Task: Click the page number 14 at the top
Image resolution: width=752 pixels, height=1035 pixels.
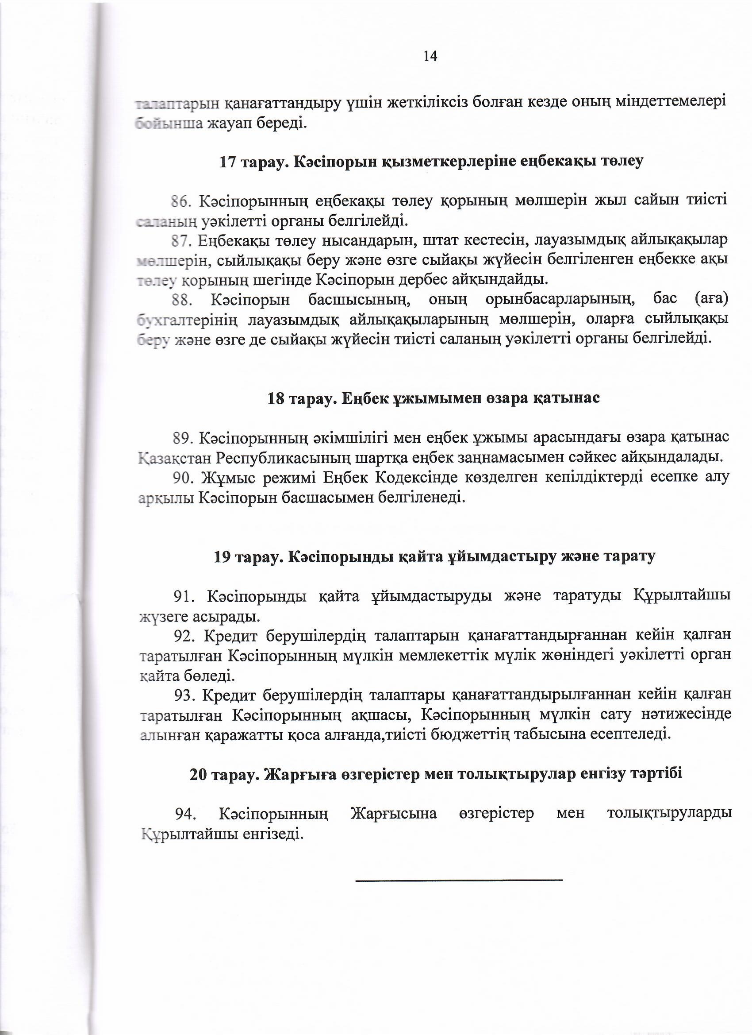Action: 430,56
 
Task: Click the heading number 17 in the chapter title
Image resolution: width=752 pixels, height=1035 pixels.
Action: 227,162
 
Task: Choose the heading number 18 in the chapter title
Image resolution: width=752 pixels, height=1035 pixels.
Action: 276,398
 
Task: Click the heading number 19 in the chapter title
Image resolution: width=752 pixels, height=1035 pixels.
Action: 222,557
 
